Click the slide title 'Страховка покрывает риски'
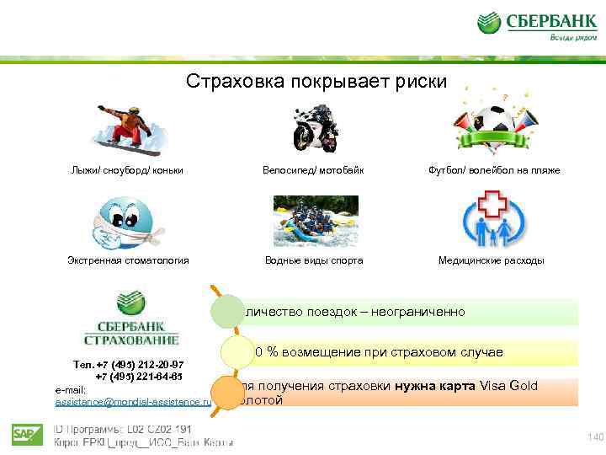(317, 82)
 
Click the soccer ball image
(491, 127)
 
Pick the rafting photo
(316, 221)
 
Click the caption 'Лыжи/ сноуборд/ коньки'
(127, 170)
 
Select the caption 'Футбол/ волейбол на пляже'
(492, 170)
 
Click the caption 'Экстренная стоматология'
(128, 260)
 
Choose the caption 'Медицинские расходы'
(492, 260)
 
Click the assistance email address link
(133, 403)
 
